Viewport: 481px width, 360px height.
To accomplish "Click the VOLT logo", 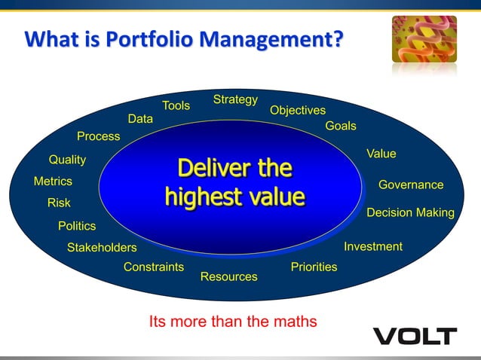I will pos(415,336).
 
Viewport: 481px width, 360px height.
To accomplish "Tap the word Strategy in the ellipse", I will pos(235,99).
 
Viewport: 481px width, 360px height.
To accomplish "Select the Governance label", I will pos(411,185).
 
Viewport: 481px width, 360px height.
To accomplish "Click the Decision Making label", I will pos(410,212).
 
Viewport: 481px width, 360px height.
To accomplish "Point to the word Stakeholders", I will pos(102,247).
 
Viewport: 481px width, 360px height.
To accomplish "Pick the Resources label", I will pos(228,276).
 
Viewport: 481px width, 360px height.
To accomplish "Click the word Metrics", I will pos(53,182).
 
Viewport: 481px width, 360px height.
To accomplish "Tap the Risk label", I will pos(59,203).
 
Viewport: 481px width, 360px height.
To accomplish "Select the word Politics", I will pos(77,225).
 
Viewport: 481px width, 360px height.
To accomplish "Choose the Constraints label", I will pos(154,267).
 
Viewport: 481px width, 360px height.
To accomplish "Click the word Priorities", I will pos(314,267).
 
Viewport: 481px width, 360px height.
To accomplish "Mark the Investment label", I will pos(373,246).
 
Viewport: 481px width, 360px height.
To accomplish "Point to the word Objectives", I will pos(298,110).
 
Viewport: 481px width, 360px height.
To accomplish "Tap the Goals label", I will pos(341,126).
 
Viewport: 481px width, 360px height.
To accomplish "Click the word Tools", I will pos(176,105).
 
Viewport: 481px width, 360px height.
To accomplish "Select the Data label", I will pos(140,118).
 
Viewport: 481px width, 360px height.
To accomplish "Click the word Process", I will pos(98,136).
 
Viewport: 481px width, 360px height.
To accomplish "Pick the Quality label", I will pos(67,160).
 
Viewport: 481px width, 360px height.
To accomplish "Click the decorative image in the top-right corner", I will pos(424,39).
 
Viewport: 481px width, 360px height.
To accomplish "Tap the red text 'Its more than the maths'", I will pos(233,322).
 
